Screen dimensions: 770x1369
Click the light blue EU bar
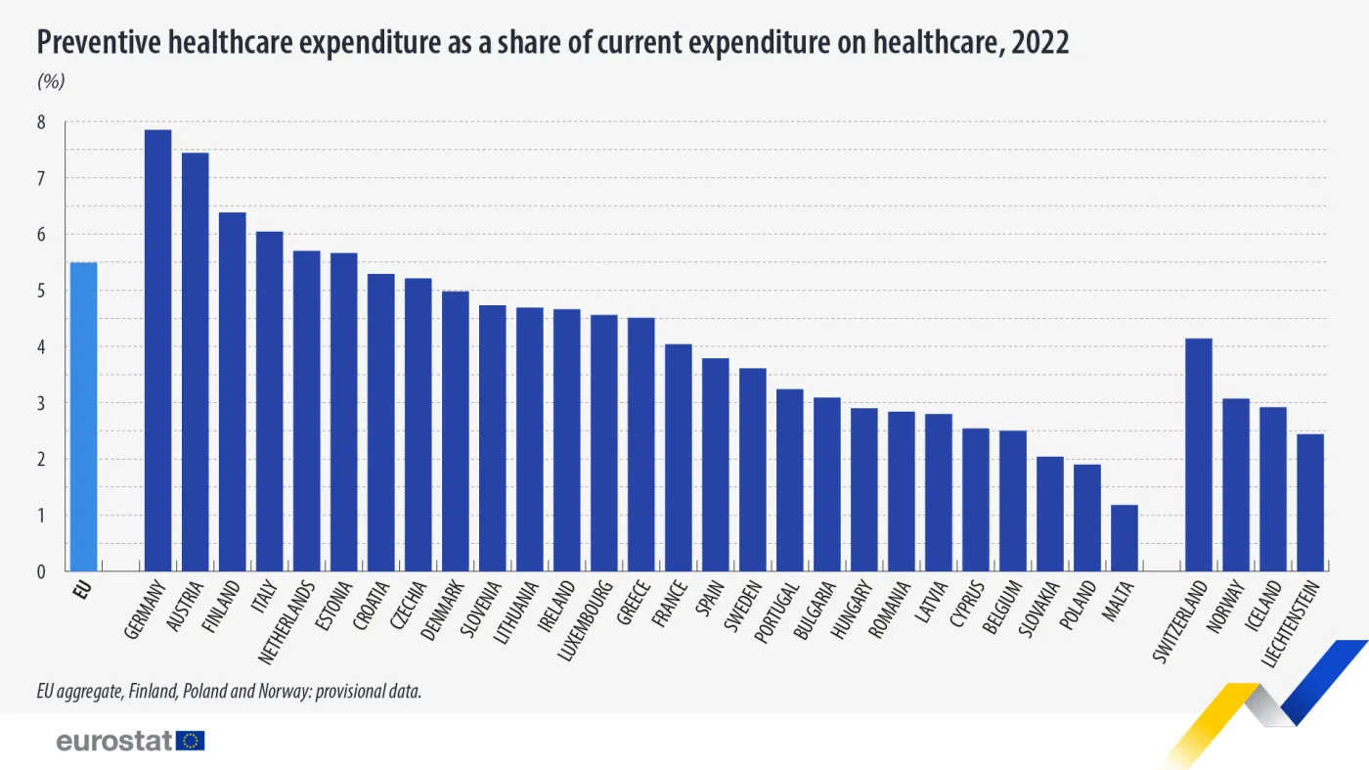(x=83, y=417)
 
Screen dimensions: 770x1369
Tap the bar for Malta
(x=1125, y=537)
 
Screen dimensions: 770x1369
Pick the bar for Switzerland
(x=1198, y=454)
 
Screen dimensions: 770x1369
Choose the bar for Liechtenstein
(x=1309, y=502)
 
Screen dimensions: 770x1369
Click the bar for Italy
(x=269, y=401)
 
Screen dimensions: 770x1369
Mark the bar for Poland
(x=1087, y=517)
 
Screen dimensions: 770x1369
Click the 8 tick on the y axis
(x=41, y=122)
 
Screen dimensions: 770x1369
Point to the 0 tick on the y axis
(x=41, y=571)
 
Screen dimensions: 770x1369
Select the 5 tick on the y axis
(x=41, y=291)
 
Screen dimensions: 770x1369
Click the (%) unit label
(x=51, y=82)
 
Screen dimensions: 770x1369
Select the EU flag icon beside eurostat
(x=191, y=741)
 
